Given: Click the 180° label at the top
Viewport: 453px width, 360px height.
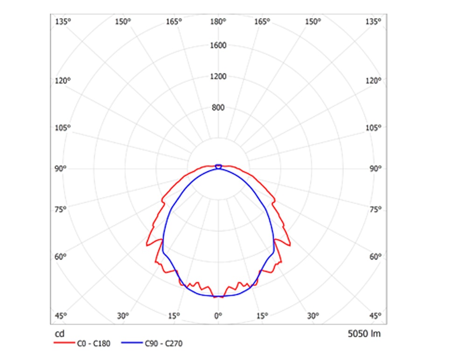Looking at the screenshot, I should (x=218, y=21).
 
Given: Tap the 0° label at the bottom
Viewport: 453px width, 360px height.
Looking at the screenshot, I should (x=218, y=316).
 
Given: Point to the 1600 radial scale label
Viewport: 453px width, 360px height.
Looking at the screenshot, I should (x=218, y=45).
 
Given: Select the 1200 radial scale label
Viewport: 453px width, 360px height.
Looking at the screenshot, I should (x=218, y=76).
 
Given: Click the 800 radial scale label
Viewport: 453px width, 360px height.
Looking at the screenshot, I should (x=218, y=108).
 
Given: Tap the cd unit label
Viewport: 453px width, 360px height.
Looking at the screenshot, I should (x=59, y=334).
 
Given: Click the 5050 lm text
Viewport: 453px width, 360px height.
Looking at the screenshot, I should (x=364, y=334).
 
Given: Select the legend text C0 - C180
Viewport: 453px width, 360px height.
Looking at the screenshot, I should (x=93, y=344).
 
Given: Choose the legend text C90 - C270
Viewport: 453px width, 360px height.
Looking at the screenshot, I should (x=163, y=344).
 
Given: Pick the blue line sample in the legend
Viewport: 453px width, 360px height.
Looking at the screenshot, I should (x=132, y=344).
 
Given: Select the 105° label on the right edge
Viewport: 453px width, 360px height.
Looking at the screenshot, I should (x=375, y=128).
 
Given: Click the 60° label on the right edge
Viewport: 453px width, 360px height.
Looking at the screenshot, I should (x=375, y=256).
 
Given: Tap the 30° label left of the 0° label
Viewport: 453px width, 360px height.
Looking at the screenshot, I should (x=123, y=316).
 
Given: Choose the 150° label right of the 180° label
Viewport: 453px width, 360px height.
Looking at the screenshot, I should (x=313, y=21).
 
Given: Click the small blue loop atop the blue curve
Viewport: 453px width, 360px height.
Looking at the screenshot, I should (x=218, y=166).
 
